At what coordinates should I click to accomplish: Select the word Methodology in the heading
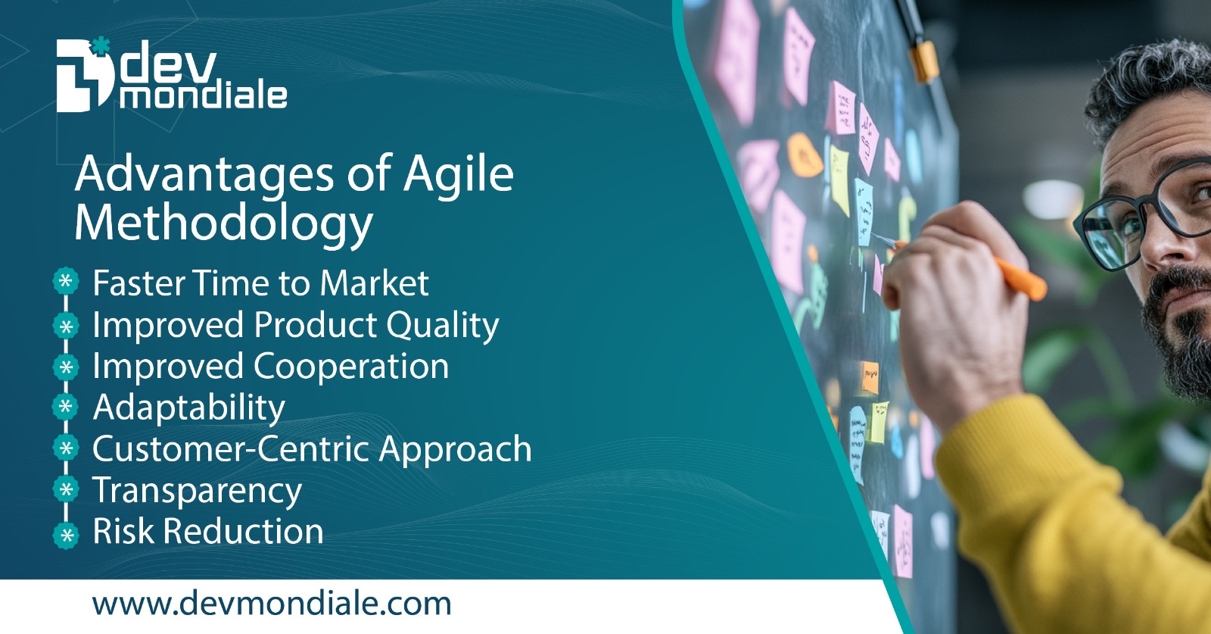[223, 224]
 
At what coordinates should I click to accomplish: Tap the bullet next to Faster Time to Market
[66, 282]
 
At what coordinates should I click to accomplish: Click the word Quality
[443, 326]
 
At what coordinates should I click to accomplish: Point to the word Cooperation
[350, 367]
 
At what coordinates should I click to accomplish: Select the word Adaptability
[188, 408]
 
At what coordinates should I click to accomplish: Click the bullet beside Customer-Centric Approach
[66, 448]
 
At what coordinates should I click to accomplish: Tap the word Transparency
[197, 491]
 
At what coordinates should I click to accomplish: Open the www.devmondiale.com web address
[271, 604]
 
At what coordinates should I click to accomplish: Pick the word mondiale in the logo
[203, 96]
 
